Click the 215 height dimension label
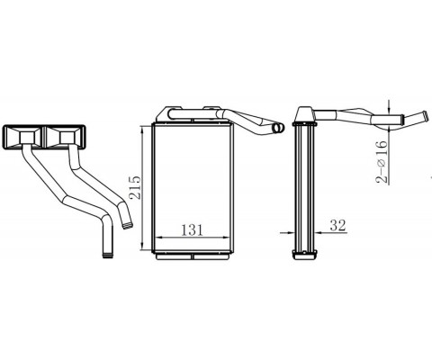135,187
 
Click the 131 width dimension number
193,230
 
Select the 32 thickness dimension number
338,225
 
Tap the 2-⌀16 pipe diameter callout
382,161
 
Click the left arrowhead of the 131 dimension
160,238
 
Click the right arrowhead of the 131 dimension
226,238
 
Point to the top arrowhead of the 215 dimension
143,130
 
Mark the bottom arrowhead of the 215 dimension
143,247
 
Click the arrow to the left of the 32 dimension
287,232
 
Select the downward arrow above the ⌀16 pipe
389,106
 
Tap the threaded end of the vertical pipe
108,256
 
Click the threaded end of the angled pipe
128,226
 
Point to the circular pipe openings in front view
278,128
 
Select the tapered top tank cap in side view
305,114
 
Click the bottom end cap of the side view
305,254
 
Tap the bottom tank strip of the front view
193,256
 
